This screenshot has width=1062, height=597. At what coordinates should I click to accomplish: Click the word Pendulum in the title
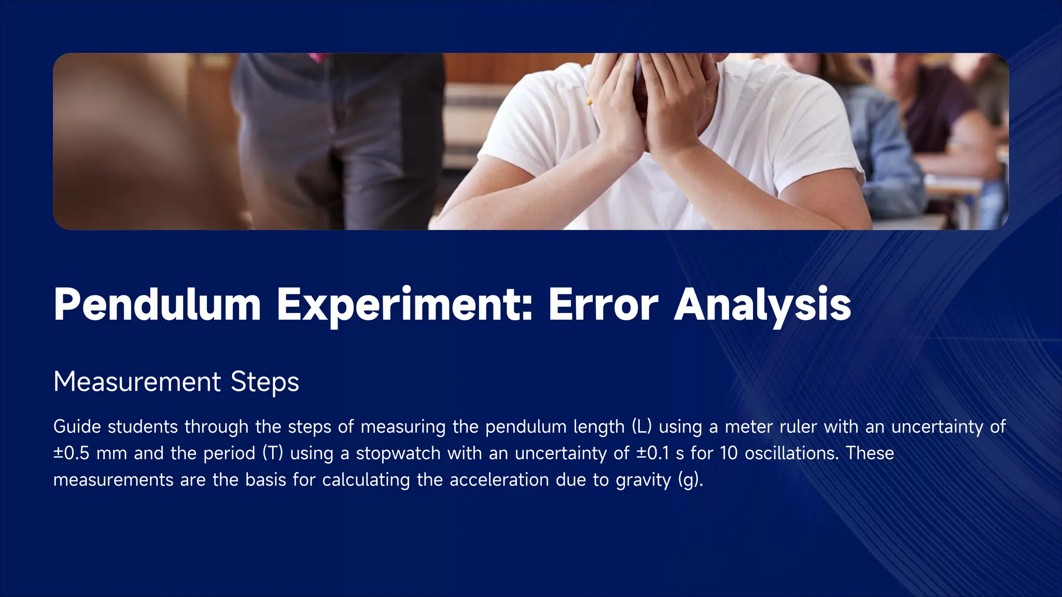(x=157, y=305)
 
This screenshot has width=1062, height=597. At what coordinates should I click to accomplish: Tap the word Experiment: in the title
(x=404, y=305)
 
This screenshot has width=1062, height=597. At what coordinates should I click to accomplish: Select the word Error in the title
(x=603, y=305)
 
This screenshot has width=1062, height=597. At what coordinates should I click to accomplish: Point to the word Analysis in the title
(x=762, y=305)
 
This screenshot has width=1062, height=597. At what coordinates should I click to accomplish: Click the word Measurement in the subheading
(x=137, y=382)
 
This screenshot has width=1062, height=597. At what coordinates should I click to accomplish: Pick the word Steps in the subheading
(x=264, y=382)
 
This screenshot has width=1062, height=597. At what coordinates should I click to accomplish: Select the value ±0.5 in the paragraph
(x=72, y=453)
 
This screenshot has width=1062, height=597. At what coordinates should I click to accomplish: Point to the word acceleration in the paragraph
(x=499, y=480)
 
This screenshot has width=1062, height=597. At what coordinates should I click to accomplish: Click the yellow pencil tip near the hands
(x=589, y=101)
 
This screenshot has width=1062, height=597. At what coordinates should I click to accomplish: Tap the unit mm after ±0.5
(x=111, y=453)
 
